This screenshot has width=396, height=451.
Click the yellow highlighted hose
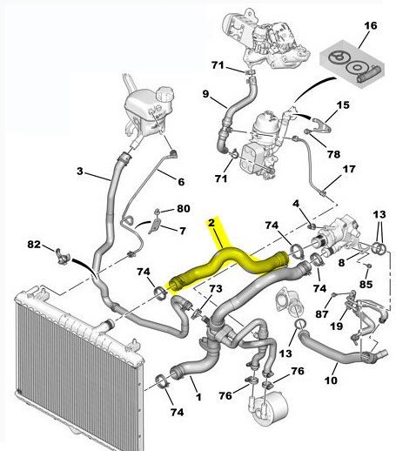[229, 264]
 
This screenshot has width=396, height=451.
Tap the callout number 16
[371, 26]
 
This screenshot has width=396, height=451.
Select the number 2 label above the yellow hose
[211, 223]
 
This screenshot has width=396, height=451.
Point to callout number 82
[34, 244]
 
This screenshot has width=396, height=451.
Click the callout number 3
[80, 172]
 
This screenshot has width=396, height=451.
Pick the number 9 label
[205, 94]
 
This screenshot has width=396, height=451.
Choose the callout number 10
[331, 380]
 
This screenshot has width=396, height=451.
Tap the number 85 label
[366, 284]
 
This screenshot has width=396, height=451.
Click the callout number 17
[349, 169]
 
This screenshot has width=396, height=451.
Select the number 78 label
[333, 154]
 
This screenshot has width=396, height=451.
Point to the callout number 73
[216, 288]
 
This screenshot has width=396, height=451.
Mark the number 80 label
[184, 208]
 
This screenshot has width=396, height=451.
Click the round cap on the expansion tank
[164, 93]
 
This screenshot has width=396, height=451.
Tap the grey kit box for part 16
[352, 64]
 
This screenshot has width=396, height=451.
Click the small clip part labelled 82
[63, 256]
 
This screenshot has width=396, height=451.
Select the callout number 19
[337, 326]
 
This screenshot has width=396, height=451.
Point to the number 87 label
[322, 313]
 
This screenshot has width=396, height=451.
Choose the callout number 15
[343, 104]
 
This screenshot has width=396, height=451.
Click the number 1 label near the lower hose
[198, 397]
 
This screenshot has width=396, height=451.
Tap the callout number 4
[296, 204]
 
